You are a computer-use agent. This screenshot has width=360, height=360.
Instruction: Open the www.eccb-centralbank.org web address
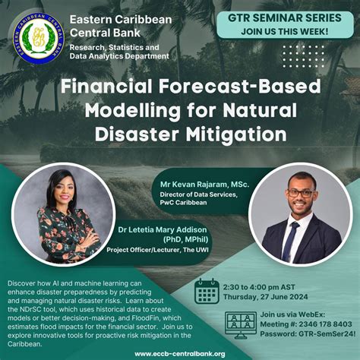point(179,353)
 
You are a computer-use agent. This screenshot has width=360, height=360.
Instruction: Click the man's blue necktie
point(291,239)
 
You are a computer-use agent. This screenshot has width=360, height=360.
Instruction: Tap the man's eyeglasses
point(300,191)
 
